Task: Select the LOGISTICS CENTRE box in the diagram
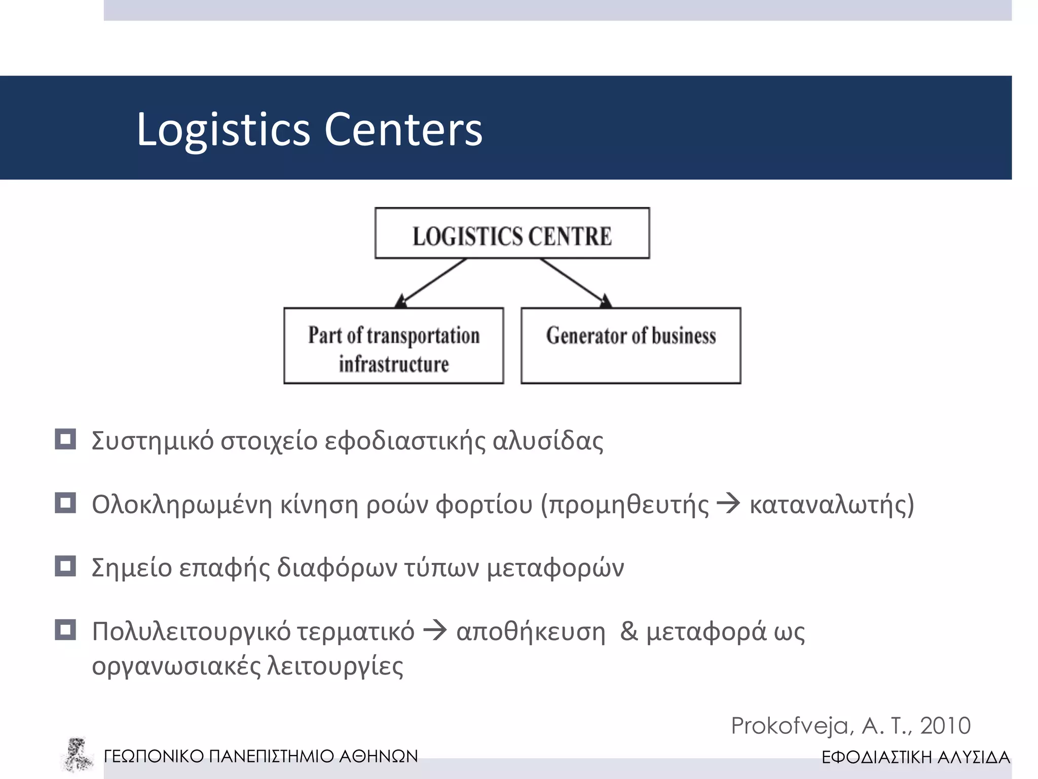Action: point(512,233)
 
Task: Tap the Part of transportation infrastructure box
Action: point(394,346)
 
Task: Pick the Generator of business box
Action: point(631,346)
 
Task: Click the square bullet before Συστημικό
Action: point(65,439)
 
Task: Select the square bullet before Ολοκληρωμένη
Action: point(65,503)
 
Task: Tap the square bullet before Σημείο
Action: point(65,566)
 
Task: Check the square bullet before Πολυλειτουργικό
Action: point(65,630)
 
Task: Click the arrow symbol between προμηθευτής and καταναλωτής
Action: point(729,504)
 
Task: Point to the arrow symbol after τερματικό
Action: point(435,631)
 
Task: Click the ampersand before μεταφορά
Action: point(629,631)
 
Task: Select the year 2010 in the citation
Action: point(945,726)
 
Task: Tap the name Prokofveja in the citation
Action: point(792,726)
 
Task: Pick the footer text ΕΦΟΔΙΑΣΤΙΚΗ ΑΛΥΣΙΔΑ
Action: point(916,757)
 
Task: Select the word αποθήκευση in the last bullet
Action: point(531,632)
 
